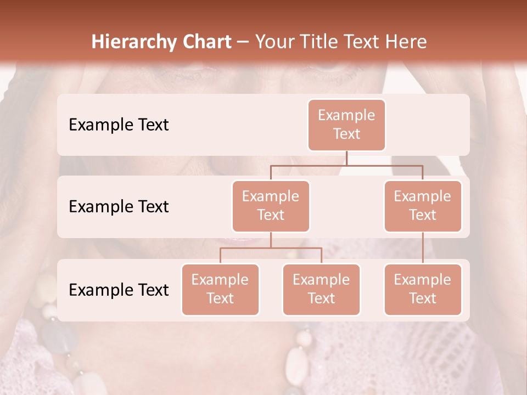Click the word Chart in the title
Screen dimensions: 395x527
(x=206, y=42)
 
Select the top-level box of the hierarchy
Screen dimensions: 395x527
(x=346, y=125)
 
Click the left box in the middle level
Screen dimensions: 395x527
(x=271, y=206)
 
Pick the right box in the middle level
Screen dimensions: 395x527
(x=423, y=206)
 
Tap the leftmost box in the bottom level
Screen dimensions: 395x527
(x=220, y=289)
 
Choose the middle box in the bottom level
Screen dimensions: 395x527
(x=321, y=289)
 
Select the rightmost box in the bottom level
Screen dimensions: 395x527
(x=423, y=289)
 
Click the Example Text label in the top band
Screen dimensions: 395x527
(x=119, y=125)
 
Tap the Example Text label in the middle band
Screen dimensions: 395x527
(x=119, y=206)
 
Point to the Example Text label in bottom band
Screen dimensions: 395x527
(x=119, y=290)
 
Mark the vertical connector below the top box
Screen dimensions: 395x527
(x=346, y=158)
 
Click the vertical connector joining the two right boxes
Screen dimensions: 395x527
(x=423, y=248)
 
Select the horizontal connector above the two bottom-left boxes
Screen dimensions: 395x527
(x=271, y=248)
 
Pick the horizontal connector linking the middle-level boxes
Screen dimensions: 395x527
(x=346, y=165)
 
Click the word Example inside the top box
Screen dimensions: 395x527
(x=346, y=115)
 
